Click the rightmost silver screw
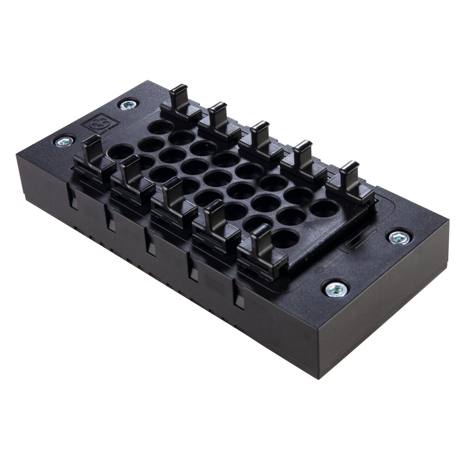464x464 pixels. [x=397, y=237]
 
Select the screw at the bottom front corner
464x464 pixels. [x=331, y=287]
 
